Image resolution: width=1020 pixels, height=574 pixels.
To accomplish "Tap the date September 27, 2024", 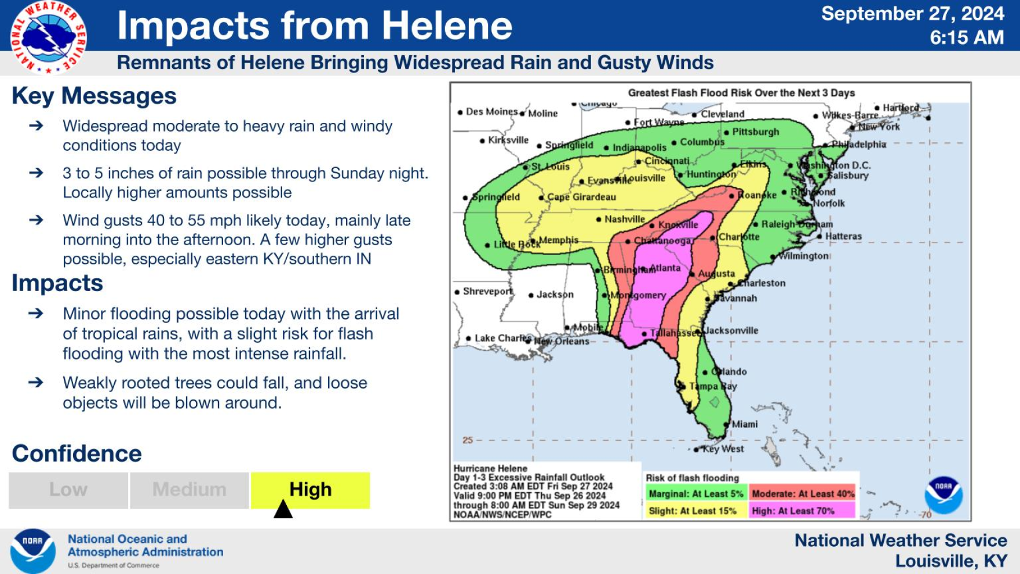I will point(912,13).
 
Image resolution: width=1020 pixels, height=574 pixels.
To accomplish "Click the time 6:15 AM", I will point(967,38).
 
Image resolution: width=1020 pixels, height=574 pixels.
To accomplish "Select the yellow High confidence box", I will point(310,490).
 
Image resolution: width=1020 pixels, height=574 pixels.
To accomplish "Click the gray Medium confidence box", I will point(190,490).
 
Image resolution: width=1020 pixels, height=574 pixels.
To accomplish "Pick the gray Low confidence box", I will point(68,490).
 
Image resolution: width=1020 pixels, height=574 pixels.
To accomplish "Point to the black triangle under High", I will point(283,510).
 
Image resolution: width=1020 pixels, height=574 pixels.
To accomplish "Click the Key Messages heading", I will point(94,96).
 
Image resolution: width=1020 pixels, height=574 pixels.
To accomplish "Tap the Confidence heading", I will point(76,453).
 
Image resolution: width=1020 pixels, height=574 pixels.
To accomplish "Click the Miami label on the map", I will point(744,424).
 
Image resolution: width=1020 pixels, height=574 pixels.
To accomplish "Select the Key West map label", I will point(723,449).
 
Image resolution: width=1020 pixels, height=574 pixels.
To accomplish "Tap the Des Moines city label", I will point(491,111).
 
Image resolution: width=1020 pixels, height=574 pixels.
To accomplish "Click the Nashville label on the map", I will point(624,219).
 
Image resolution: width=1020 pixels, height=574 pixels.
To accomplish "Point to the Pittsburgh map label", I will point(755,132).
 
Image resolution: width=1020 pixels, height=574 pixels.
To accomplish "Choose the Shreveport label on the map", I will point(487,291).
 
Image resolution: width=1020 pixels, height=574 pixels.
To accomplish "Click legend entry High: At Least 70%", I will point(802,511).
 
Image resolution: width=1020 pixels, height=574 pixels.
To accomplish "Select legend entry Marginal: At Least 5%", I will point(695,494).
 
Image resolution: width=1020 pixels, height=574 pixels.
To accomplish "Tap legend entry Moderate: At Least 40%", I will point(803,494).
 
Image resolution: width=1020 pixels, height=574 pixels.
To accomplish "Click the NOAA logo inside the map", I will point(943,495).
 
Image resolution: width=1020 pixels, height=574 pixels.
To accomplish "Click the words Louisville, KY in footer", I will point(950,561).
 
